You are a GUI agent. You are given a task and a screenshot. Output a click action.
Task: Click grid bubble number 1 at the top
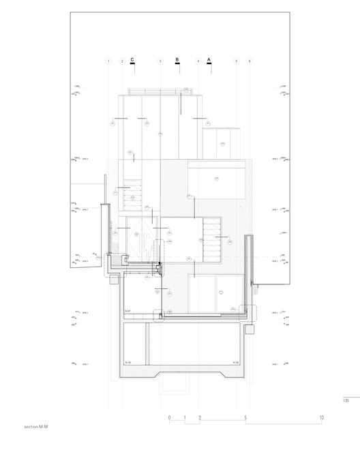108,61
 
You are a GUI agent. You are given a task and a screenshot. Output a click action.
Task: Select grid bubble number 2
121,61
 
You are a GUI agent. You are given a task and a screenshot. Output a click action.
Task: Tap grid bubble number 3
160,61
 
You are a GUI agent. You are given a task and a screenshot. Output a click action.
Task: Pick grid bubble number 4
198,61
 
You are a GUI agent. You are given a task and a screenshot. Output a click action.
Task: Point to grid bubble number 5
237,61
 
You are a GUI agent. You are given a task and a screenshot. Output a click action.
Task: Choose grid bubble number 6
250,61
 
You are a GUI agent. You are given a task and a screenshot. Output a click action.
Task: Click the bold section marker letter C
133,60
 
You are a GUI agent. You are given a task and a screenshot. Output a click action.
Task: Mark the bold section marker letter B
177,60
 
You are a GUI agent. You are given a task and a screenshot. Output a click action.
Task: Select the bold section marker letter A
209,60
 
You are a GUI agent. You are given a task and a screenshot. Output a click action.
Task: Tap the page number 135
346,401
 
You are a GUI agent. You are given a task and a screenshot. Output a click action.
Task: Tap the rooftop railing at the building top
162,91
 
